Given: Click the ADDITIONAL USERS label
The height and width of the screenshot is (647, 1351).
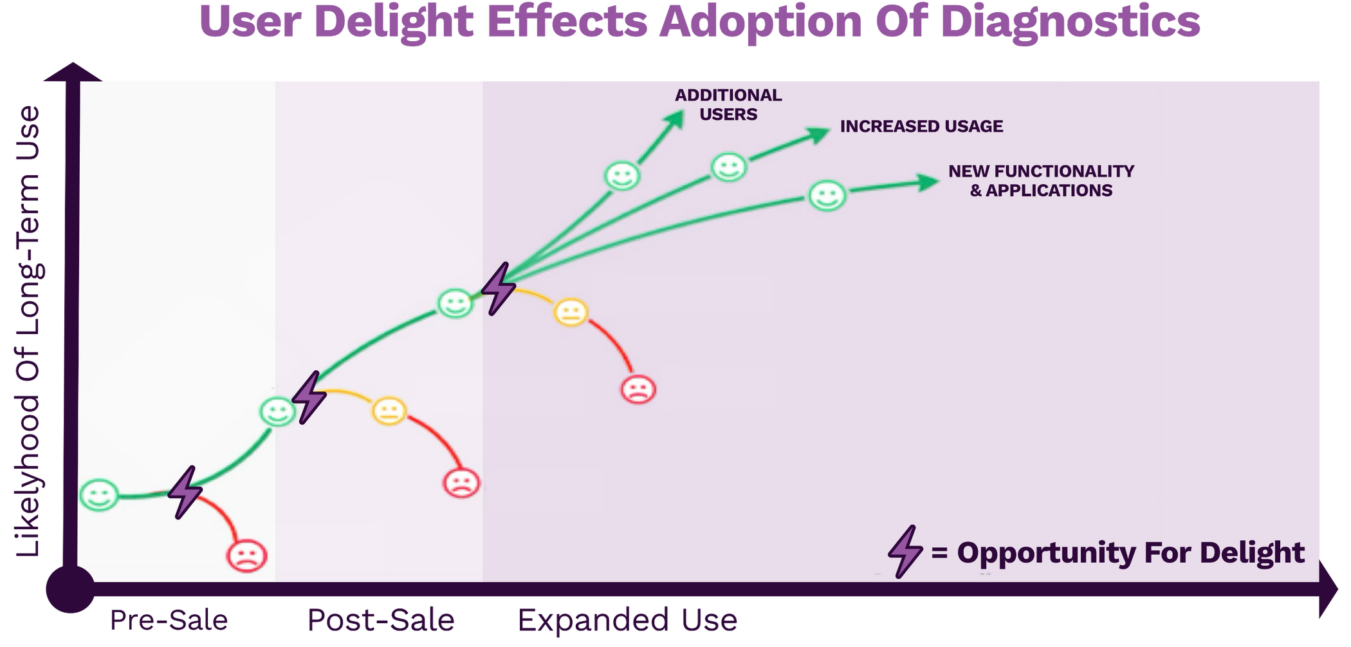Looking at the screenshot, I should coord(728,105).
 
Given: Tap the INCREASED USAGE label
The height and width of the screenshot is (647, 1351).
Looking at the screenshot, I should coord(921,126).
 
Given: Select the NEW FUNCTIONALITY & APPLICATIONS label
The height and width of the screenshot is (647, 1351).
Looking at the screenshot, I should coord(1041,181).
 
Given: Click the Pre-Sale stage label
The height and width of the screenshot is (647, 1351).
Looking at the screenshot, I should coord(169,620).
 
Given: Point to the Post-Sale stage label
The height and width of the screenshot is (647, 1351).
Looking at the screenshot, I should coord(381,620).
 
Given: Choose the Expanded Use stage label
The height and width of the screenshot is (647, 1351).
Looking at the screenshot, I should coord(628,620).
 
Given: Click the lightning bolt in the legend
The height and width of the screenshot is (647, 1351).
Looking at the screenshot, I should coord(905,551).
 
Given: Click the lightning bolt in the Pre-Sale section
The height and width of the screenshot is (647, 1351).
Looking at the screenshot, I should coord(185,492).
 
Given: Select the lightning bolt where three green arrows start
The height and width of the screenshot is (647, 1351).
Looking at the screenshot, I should coord(499,288).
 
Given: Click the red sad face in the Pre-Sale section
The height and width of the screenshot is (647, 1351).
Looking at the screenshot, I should coord(246,555).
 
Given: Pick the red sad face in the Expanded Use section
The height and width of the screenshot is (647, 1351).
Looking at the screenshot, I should coord(638,389).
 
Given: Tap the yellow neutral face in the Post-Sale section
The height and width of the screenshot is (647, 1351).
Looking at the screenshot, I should coord(389,411).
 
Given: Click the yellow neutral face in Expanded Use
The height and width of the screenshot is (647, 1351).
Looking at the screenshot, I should coord(571,312).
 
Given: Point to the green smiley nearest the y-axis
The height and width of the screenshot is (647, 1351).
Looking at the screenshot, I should coord(99,495).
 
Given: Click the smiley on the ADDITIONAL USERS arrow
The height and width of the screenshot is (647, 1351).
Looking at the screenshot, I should coord(622,175).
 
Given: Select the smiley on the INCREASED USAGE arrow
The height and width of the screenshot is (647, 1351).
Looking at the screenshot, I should coord(728,167).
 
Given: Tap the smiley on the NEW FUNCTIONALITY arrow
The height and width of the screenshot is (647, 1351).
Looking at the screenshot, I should coord(827,196).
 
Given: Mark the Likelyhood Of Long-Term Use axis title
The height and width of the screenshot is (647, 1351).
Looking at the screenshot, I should coord(29,332).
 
